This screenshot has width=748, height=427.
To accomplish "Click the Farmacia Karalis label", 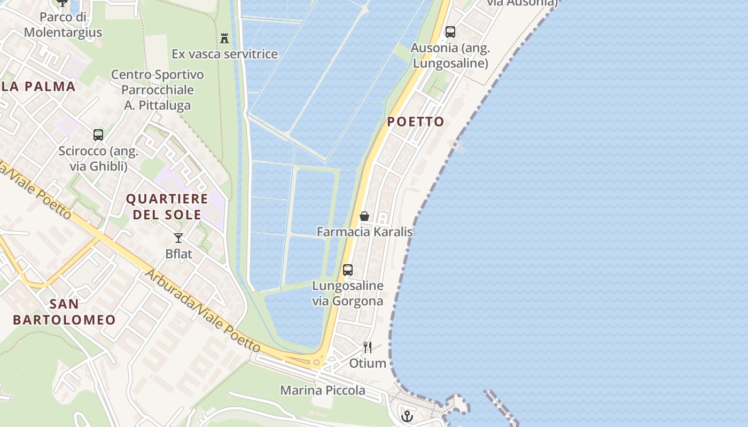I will [x=364, y=232].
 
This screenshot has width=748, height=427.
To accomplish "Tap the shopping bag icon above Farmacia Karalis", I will [x=364, y=216].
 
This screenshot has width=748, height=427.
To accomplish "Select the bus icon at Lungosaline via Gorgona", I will [x=348, y=270].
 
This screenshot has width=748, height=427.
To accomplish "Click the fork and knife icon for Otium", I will [x=368, y=347].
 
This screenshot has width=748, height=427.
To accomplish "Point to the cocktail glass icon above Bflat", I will [x=178, y=238].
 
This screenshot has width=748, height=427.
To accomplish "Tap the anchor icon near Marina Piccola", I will [x=408, y=416].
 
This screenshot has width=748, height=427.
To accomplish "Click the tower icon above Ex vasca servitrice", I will [x=224, y=38].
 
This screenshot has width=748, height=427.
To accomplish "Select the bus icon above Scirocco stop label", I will [x=98, y=135].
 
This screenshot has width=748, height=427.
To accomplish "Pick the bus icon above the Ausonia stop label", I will [x=450, y=32].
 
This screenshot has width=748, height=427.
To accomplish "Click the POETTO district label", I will [x=416, y=122].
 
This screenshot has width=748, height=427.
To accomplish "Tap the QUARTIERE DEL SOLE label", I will [x=167, y=207].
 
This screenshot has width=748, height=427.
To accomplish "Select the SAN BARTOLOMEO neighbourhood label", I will [x=64, y=312].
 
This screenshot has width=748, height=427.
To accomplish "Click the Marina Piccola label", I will [x=323, y=390].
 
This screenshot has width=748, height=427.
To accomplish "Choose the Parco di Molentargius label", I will [x=63, y=25].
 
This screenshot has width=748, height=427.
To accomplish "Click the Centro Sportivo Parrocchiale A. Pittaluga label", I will [x=158, y=90].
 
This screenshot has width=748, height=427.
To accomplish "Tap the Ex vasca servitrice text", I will [x=224, y=54].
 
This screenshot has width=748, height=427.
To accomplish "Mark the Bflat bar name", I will [x=178, y=254].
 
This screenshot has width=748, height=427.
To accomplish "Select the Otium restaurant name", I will [x=368, y=363].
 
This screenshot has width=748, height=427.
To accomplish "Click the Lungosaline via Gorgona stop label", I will [x=348, y=293].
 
